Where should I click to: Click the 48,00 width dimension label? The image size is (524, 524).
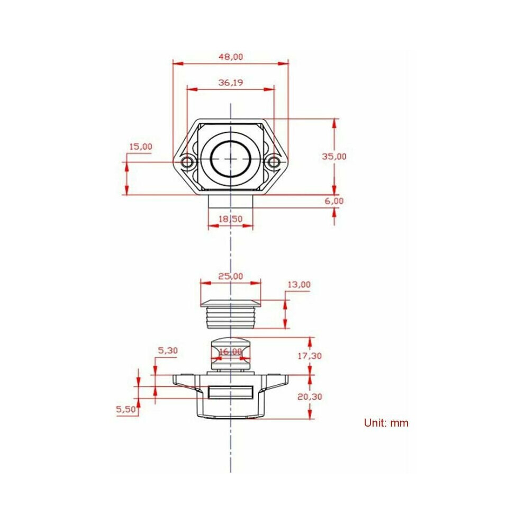(x=231, y=57)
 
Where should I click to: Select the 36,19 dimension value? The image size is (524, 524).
(x=231, y=82)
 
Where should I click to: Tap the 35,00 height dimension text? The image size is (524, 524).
(x=334, y=156)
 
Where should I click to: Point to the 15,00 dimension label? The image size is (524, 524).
(x=141, y=147)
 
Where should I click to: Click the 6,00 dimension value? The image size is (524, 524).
(x=334, y=201)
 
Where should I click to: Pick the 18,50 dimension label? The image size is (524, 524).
(x=231, y=219)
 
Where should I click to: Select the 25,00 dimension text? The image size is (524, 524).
(x=231, y=276)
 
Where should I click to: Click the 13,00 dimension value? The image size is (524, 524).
(x=299, y=285)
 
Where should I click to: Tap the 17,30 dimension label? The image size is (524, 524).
(x=310, y=356)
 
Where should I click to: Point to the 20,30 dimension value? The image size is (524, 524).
(x=310, y=396)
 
